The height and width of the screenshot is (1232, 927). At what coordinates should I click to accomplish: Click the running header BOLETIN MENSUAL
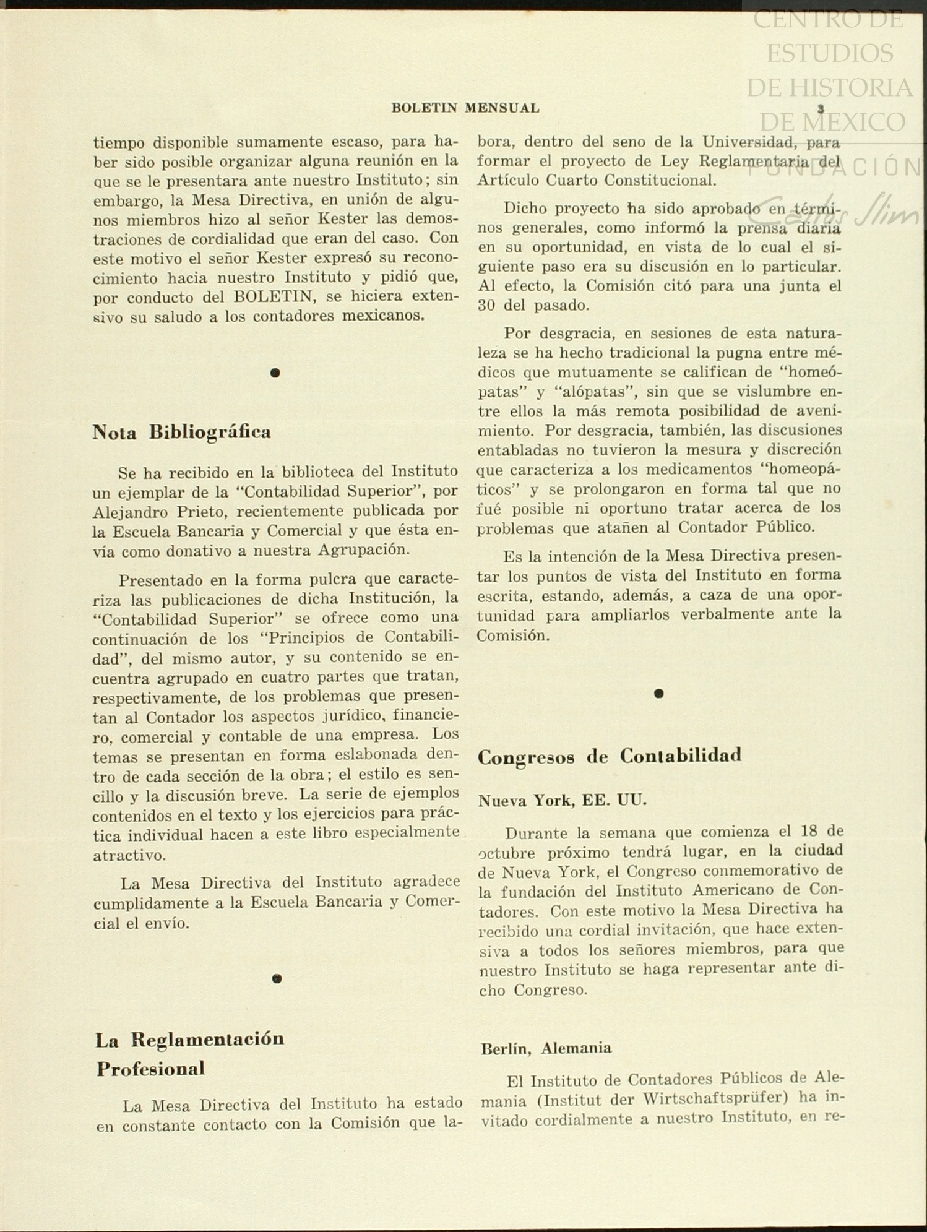coord(465,108)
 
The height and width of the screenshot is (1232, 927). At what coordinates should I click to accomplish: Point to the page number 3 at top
coord(821,108)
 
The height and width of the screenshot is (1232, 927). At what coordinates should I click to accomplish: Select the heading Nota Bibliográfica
coord(181,431)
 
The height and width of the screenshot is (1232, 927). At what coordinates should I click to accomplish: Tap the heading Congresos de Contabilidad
coord(609,756)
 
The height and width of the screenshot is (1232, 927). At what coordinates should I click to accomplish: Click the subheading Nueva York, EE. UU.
coord(562,800)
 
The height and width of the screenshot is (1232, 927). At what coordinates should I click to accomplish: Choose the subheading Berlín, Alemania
coord(546,1048)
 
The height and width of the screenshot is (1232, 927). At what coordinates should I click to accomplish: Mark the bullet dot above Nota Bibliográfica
coord(275,373)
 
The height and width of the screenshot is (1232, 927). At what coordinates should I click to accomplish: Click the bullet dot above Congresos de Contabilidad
coord(658,694)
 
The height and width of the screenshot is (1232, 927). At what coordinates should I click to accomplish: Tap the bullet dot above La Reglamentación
coord(277,978)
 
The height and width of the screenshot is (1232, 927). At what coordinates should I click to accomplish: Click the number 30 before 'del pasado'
coord(488,306)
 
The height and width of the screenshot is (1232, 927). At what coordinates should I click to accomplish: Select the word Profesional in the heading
coord(150,1069)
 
